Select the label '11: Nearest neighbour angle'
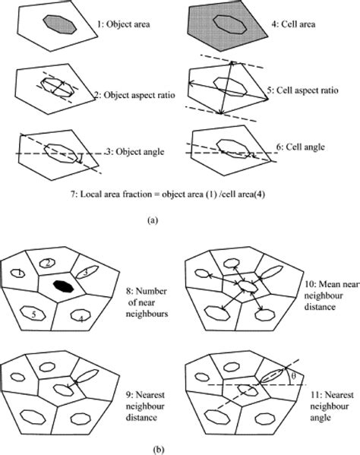coord(325,404)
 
